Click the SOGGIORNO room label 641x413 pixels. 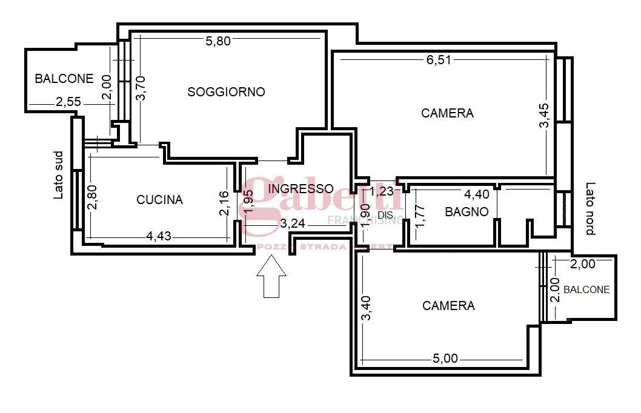[226, 92]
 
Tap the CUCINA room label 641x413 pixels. [159, 200]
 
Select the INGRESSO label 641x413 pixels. [301, 188]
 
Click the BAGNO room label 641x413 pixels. [467, 212]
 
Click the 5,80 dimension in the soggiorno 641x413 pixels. [218, 41]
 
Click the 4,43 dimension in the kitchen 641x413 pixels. [159, 236]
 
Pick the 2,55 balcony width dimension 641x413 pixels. [68, 103]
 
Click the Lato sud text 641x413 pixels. [59, 175]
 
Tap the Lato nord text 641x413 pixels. [590, 209]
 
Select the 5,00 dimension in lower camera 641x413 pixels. [445, 358]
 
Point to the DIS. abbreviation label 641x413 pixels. [387, 215]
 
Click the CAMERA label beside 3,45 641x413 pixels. [447, 113]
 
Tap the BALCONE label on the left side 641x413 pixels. [64, 79]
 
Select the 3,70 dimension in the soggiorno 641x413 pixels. [141, 88]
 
